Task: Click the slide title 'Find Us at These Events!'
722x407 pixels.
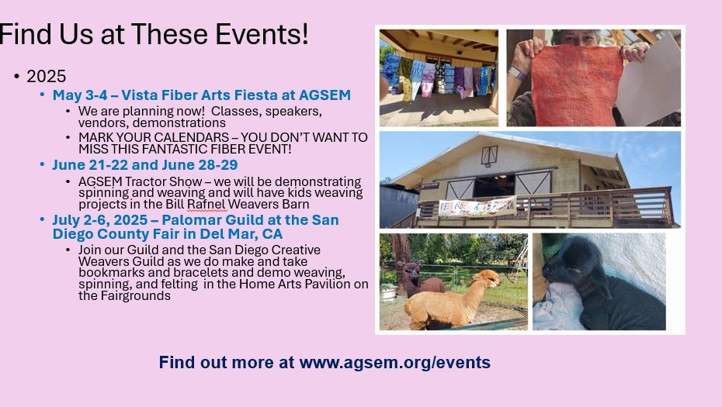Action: pyautogui.click(x=154, y=34)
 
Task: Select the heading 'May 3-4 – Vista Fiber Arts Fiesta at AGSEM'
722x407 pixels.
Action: pyautogui.click(x=202, y=95)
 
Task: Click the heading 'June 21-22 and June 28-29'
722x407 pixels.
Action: pyautogui.click(x=145, y=165)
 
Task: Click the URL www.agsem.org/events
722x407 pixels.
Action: pyautogui.click(x=394, y=362)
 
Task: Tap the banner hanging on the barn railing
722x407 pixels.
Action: pyautogui.click(x=477, y=207)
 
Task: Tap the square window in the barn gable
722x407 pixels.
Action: pyautogui.click(x=489, y=156)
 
